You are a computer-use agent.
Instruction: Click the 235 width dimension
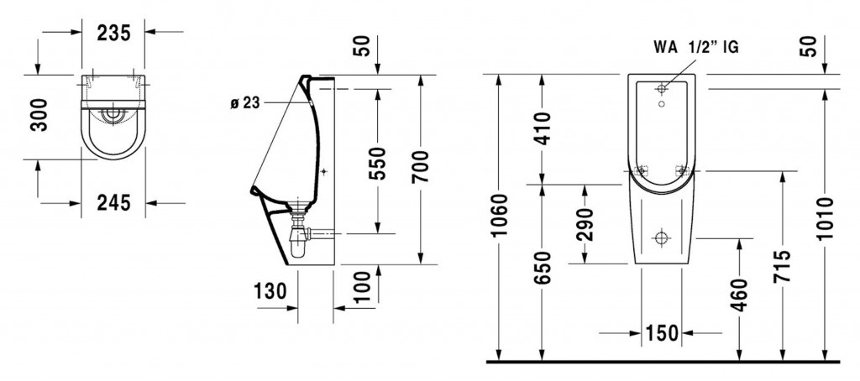(x=114, y=34)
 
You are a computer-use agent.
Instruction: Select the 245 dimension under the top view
(x=114, y=203)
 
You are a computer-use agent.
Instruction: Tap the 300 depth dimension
(x=39, y=115)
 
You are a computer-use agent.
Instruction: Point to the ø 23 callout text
(x=244, y=103)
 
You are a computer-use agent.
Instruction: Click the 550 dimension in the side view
(x=377, y=164)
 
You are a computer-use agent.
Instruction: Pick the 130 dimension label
(x=270, y=292)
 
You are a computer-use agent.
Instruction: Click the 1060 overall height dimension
(x=499, y=215)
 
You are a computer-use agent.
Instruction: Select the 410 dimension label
(x=542, y=129)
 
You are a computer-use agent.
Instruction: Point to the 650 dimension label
(x=542, y=268)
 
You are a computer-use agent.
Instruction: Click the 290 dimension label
(x=585, y=225)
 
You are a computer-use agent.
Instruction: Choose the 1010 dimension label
(x=825, y=218)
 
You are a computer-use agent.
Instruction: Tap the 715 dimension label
(x=782, y=266)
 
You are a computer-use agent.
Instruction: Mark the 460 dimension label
(x=739, y=295)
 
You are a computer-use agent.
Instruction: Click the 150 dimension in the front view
(x=662, y=333)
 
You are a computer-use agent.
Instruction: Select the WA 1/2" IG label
(x=696, y=48)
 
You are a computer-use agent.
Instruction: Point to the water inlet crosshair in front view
(x=662, y=88)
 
